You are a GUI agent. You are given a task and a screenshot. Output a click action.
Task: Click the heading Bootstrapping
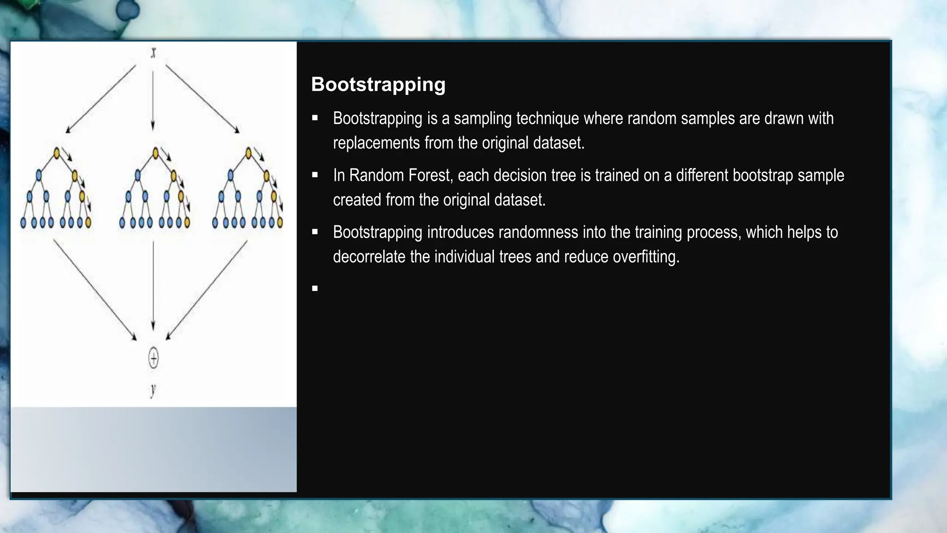[378, 85]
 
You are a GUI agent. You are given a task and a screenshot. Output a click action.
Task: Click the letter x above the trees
[154, 53]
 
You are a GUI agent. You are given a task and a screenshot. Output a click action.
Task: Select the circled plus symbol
[154, 358]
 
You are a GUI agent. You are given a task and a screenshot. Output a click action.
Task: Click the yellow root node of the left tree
[57, 153]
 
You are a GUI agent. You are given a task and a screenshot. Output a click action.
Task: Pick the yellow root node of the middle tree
[156, 152]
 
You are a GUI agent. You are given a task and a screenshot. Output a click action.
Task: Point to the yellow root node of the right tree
[249, 153]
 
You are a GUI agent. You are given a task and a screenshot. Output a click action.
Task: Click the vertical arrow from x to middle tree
[153, 97]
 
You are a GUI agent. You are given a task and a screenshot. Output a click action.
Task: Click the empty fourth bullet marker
[315, 289]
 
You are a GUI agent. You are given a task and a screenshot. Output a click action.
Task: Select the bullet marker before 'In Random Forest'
[315, 175]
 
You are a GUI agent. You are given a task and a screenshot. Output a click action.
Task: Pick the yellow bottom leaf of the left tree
[88, 223]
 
